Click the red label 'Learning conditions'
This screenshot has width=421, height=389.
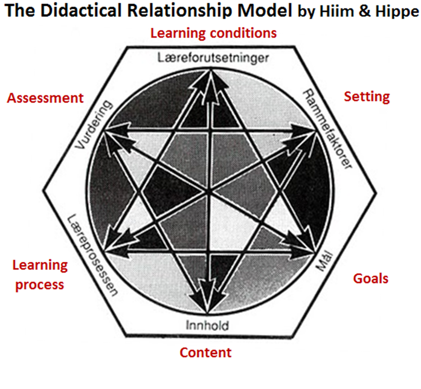(213, 33)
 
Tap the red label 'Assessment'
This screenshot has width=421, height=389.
(45, 98)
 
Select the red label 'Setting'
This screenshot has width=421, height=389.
(367, 97)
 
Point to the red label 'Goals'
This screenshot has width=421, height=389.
(370, 278)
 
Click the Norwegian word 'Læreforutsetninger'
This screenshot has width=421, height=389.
(212, 59)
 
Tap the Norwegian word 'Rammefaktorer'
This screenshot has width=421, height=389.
(326, 127)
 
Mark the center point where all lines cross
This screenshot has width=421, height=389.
(209, 193)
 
